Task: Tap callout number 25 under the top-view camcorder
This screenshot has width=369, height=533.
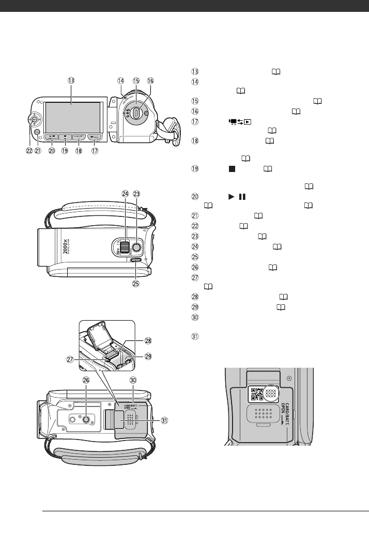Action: click(x=137, y=284)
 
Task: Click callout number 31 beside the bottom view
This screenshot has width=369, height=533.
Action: click(x=164, y=420)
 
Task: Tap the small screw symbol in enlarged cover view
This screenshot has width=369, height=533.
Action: click(x=304, y=378)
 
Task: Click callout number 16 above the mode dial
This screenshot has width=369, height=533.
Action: click(x=150, y=81)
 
